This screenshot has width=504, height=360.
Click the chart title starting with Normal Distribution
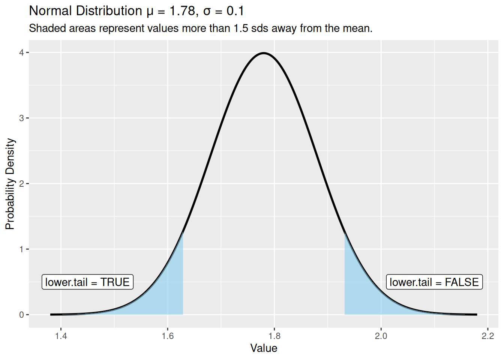[x=136, y=11]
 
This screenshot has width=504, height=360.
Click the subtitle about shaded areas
[x=201, y=28]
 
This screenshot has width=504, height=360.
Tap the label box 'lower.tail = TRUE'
[x=87, y=282]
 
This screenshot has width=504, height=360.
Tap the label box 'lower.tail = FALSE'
[x=434, y=282]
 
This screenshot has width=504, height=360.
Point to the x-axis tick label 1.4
[x=61, y=336]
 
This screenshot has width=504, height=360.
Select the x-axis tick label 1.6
[x=168, y=336]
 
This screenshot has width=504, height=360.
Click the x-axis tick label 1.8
[x=274, y=336]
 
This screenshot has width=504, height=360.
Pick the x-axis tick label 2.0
[x=381, y=336]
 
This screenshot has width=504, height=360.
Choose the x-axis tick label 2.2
[x=487, y=336]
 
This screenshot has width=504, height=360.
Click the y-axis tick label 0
[x=22, y=315]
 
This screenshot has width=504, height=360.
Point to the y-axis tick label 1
[x=22, y=249]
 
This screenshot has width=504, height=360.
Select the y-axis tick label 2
[x=22, y=184]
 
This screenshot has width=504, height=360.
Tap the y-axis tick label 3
[x=22, y=118]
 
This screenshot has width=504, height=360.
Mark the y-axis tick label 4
[x=22, y=52]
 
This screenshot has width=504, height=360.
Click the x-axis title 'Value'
[x=264, y=348]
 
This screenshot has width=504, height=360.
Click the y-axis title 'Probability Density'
[x=10, y=184]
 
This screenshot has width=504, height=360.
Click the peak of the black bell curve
[x=264, y=53]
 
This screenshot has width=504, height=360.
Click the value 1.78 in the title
[x=182, y=11]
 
